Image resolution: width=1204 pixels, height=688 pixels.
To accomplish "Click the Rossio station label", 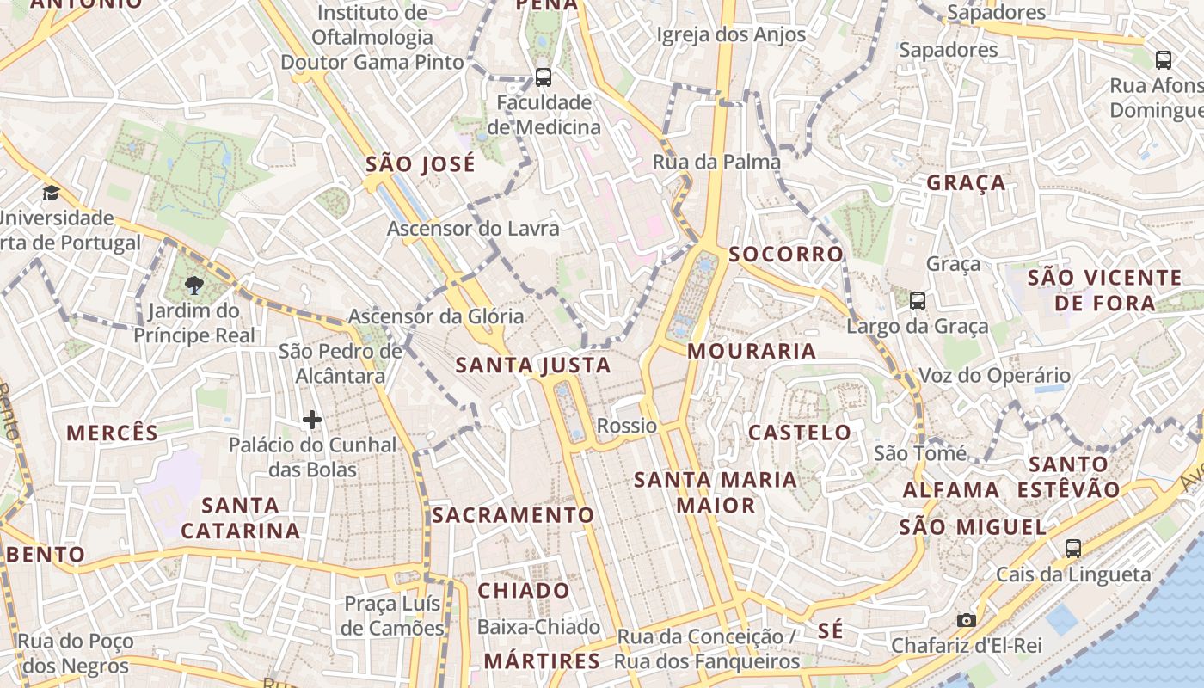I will tap(627, 426).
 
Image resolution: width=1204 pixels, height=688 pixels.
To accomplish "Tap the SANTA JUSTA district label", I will tap(533, 365).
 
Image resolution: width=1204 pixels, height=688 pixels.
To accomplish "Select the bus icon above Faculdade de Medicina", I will tap(544, 77).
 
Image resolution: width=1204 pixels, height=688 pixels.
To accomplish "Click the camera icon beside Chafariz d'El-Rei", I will tap(967, 620).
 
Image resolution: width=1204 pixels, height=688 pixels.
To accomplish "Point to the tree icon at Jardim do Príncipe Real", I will tap(194, 286).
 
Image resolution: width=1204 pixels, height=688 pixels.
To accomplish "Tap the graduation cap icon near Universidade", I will tap(52, 193).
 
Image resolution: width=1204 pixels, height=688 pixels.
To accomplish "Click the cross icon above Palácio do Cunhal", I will tap(312, 420).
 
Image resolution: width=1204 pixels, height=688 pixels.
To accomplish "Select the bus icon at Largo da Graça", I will tap(918, 301).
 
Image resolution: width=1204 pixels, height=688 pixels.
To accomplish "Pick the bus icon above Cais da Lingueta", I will tap(1072, 549).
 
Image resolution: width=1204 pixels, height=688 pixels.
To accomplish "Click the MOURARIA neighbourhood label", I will tap(752, 351).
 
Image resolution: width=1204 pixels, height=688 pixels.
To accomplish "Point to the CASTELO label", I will tap(800, 433).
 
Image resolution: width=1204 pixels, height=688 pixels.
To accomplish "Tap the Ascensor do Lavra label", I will tap(473, 229).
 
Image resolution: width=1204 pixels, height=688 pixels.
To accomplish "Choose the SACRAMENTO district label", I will tap(513, 515).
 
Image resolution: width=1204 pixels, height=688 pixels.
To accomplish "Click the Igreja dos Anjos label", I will tap(731, 34).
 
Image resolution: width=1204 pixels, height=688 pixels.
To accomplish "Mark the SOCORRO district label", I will tap(786, 255).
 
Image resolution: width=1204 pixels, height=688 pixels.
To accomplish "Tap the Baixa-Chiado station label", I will tap(538, 627).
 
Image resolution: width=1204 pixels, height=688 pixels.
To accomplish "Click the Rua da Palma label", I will tap(716, 162).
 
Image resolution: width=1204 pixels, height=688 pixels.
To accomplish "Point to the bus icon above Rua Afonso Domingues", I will tap(1164, 59).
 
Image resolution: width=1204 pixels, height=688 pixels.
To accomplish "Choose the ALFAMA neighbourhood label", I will tap(951, 490).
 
